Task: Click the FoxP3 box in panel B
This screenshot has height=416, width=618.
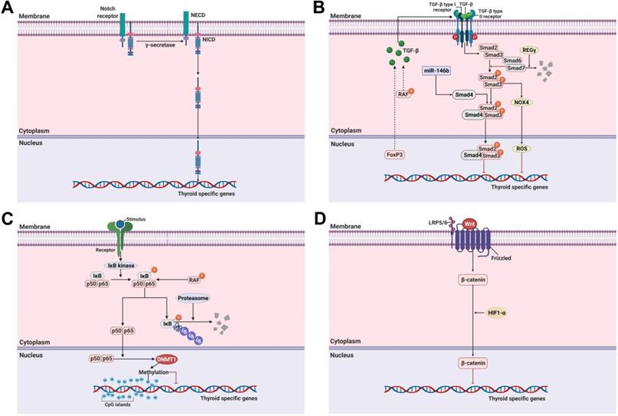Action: (x=395, y=156)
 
